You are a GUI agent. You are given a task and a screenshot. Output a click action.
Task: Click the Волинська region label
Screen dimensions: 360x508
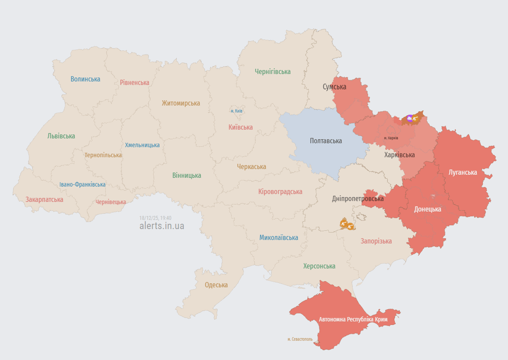tap(85, 79)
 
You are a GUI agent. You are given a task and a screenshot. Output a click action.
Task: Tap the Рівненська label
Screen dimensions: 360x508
tap(135, 83)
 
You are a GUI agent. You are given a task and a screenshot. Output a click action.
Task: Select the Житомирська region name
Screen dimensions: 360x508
tap(181, 103)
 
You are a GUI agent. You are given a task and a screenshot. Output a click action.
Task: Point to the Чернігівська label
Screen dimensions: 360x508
tap(273, 72)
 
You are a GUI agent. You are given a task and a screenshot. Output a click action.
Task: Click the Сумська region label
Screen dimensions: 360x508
tap(334, 87)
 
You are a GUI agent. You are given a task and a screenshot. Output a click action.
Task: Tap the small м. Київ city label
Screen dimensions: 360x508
tap(237, 111)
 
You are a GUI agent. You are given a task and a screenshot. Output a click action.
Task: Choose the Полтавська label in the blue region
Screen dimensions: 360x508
tap(325, 141)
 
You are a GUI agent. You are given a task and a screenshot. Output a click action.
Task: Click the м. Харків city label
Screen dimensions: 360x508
tap(391, 138)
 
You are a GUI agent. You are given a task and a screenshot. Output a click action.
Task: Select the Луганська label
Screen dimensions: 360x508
tap(463, 173)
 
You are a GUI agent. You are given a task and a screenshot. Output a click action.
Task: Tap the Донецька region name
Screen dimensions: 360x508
tap(427, 209)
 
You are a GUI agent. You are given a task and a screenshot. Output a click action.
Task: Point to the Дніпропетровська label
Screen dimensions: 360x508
tap(357, 199)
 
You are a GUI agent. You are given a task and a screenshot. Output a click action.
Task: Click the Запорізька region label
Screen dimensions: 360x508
tap(376, 241)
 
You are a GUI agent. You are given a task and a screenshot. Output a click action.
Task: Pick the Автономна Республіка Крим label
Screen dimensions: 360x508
tap(353, 319)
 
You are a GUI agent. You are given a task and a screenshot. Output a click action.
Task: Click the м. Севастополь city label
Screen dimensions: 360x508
tap(300, 339)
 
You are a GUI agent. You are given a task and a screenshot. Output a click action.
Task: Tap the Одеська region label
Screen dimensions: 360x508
tap(216, 285)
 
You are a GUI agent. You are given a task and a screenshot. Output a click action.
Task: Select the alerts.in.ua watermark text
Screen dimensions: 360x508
tap(162, 226)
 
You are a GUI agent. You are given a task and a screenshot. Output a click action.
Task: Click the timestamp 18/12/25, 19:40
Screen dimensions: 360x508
tap(155, 218)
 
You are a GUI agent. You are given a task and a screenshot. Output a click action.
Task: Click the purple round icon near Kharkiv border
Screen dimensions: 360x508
tap(410, 118)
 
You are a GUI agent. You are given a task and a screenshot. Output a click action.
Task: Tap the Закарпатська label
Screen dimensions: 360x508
tap(44, 200)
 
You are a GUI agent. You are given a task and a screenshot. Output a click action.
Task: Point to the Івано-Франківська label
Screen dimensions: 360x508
tap(82, 185)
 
